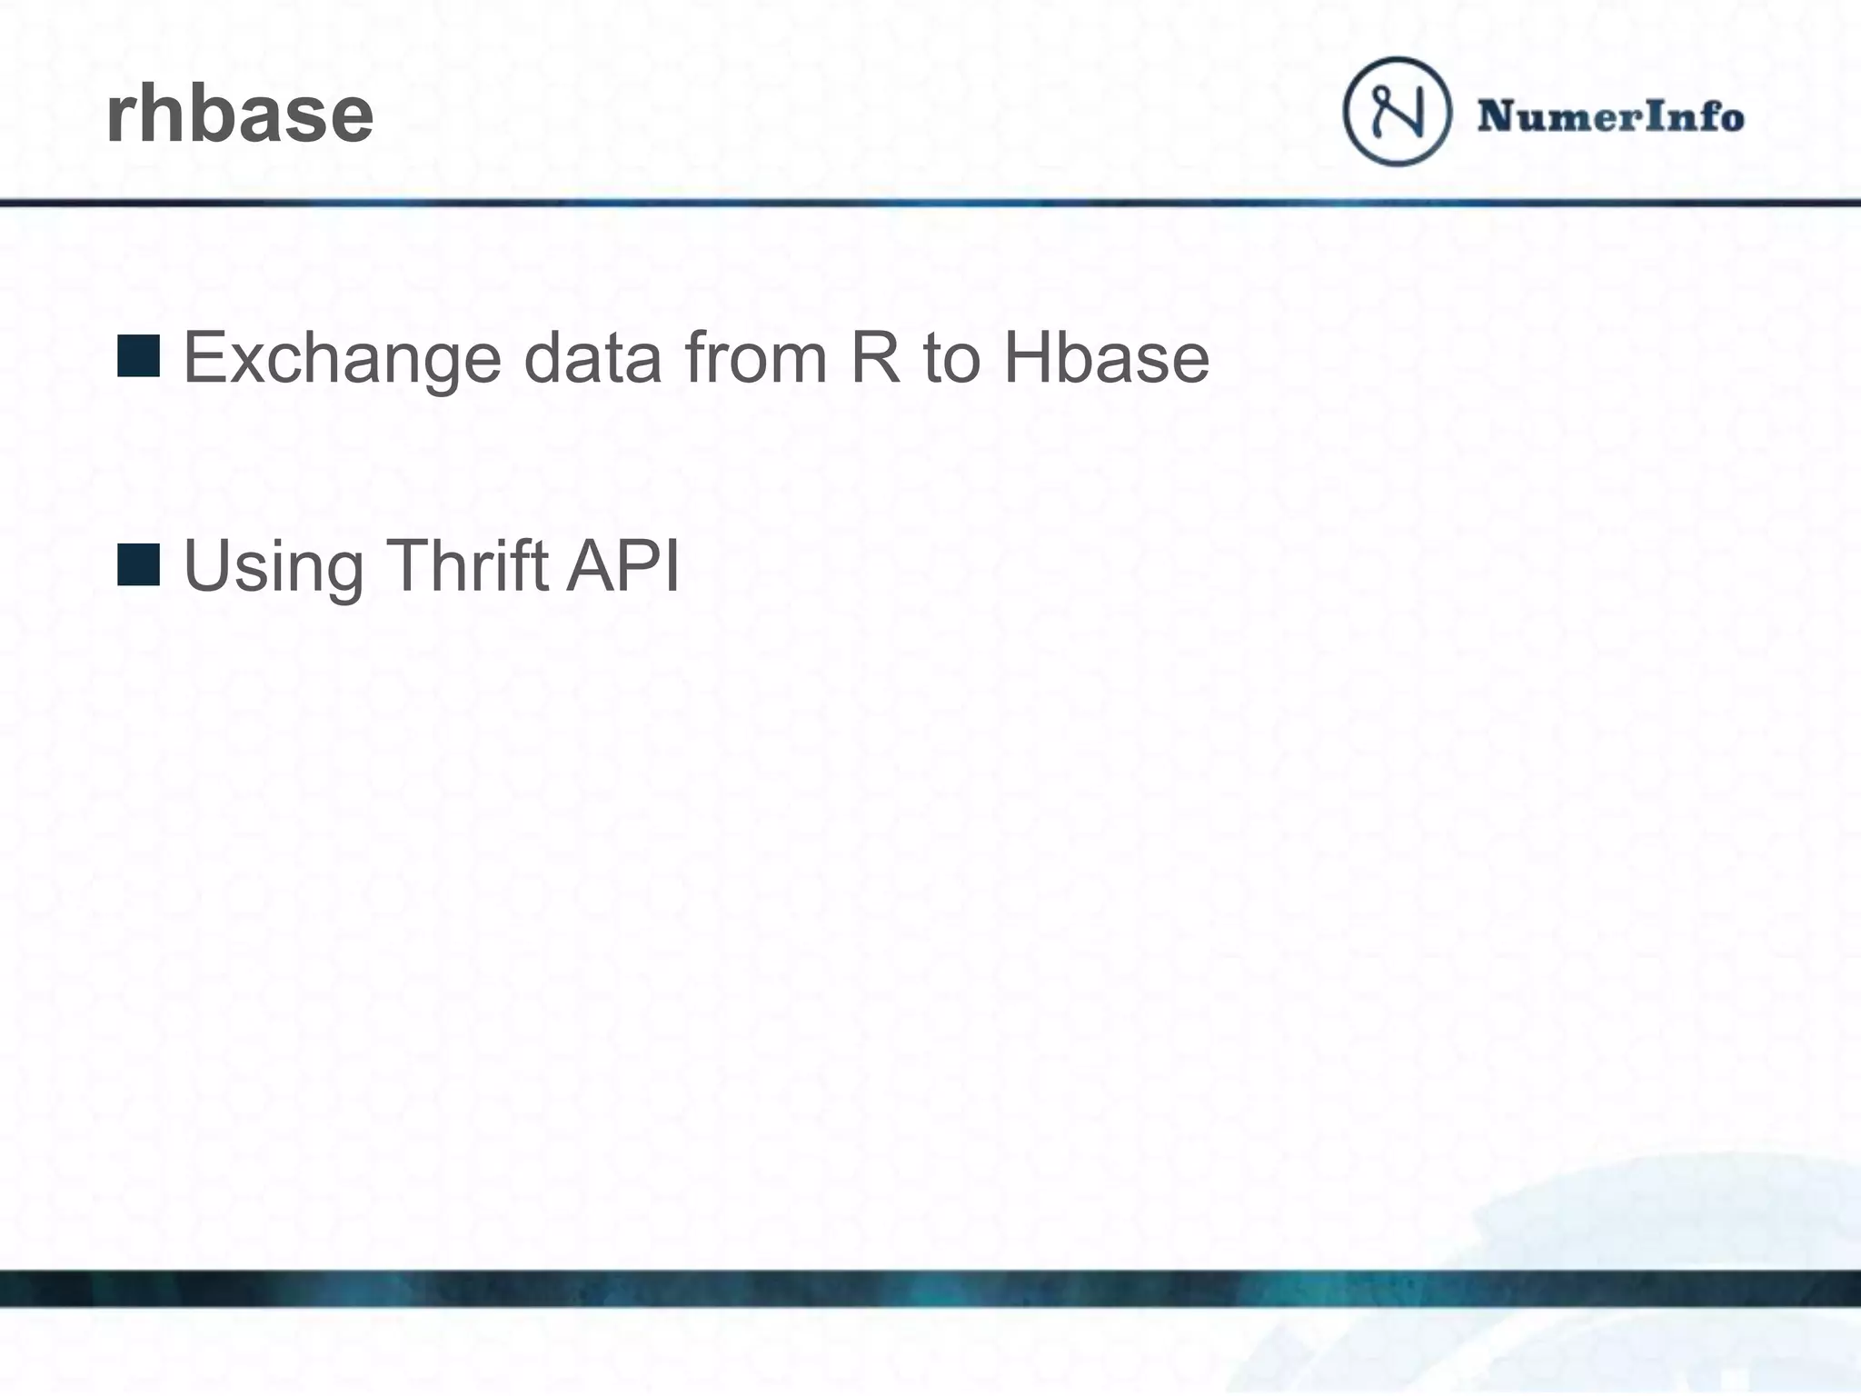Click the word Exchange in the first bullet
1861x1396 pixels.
point(342,358)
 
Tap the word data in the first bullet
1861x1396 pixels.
point(592,358)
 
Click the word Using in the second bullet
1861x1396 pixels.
point(274,567)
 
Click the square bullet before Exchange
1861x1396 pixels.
point(139,355)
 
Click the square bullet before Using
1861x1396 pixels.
point(139,564)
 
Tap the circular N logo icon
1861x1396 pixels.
point(1397,112)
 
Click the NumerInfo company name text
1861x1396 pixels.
point(1610,116)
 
